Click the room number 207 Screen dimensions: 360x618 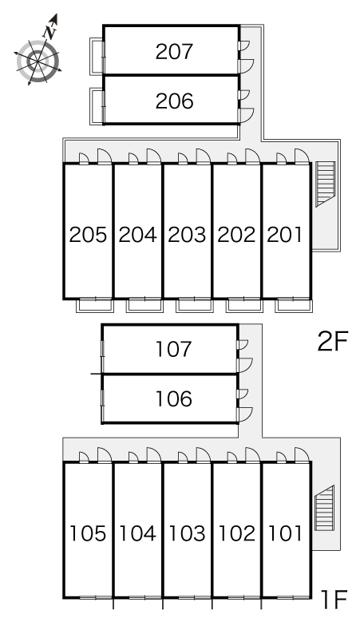point(174,52)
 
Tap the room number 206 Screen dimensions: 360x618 point(174,101)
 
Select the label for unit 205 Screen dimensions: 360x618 point(88,235)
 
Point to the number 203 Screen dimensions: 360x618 point(187,235)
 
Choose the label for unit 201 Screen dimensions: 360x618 point(285,235)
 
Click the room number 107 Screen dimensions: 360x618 point(174,349)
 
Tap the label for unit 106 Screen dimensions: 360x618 point(174,399)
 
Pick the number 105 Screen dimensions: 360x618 point(88,533)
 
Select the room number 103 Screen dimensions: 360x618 point(187,533)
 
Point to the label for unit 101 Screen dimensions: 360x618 point(285,533)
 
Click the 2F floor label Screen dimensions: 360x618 point(333,342)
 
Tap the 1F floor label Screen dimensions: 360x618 point(334,599)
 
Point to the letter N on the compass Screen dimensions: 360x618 point(50,32)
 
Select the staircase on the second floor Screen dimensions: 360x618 point(326,184)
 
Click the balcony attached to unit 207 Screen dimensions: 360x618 point(97,56)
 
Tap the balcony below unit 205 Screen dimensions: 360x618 point(95,306)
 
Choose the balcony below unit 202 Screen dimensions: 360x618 point(244,306)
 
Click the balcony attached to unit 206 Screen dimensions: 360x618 point(97,106)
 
